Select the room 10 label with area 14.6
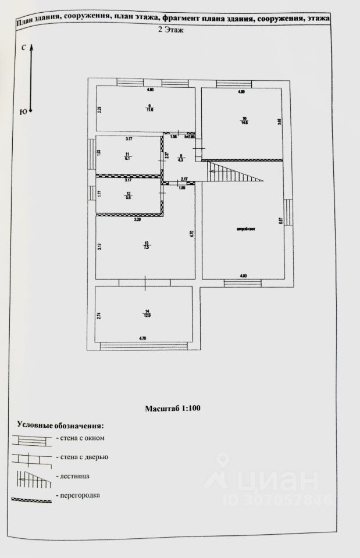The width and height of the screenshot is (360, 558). (244, 121)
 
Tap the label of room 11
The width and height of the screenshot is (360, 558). (127, 155)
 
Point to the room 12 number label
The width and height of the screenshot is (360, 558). (129, 196)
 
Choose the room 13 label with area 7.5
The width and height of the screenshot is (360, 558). (146, 245)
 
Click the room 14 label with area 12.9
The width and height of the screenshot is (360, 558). (148, 313)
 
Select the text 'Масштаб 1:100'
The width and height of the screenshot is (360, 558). (173, 409)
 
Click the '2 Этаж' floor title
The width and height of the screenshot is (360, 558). (171, 31)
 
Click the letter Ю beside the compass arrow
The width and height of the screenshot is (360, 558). (23, 112)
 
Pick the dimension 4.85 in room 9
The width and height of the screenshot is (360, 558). (149, 90)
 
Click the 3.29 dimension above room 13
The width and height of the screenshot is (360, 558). (137, 220)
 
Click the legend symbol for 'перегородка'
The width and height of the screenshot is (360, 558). (32, 498)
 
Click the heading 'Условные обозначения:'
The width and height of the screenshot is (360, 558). (60, 425)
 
